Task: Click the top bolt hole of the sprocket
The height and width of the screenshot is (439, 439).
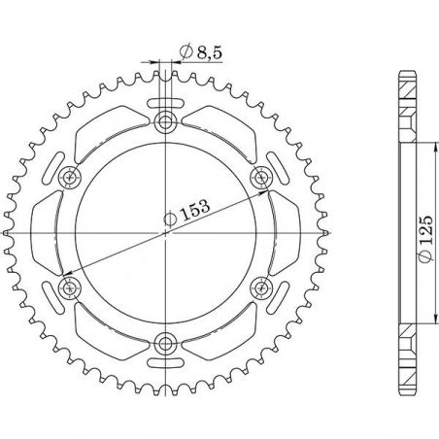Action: coord(166,121)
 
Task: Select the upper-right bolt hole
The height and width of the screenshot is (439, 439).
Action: coord(260,176)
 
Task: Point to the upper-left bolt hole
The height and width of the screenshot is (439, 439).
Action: coord(71,176)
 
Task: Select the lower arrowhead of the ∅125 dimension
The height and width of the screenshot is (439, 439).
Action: coord(429,319)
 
